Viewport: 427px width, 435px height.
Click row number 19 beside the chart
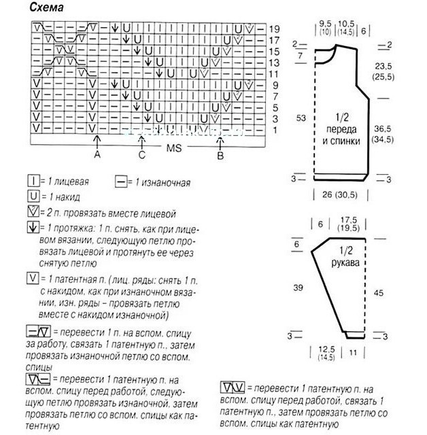(x=274, y=30)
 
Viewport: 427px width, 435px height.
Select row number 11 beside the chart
(x=274, y=73)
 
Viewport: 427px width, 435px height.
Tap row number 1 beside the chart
(x=274, y=128)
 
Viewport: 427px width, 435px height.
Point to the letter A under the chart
(x=97, y=155)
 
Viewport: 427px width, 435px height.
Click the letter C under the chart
(x=141, y=155)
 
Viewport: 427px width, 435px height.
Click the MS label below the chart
(x=169, y=146)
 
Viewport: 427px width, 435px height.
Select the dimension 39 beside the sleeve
(x=298, y=288)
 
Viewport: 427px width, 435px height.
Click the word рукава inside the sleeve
(x=345, y=262)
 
